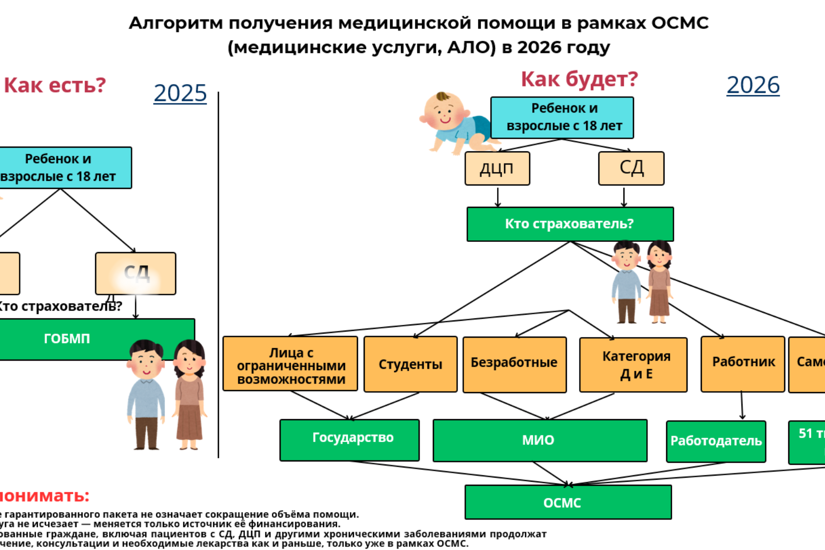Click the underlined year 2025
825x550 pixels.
tap(180, 93)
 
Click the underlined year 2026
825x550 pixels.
tap(753, 85)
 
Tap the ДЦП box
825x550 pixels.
tap(497, 168)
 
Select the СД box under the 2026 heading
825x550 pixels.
tap(631, 168)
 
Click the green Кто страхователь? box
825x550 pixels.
tap(569, 224)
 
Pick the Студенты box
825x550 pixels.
tap(410, 364)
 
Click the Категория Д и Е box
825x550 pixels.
tap(634, 365)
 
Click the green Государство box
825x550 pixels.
tap(350, 439)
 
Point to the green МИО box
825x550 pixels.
tap(539, 441)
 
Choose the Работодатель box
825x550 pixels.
tap(716, 441)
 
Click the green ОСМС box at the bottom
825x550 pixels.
tap(568, 502)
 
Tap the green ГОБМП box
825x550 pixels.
tap(67, 339)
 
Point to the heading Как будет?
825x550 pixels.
tap(579, 79)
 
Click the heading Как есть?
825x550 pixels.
tap(55, 85)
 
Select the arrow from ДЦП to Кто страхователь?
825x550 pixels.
tap(498, 197)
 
